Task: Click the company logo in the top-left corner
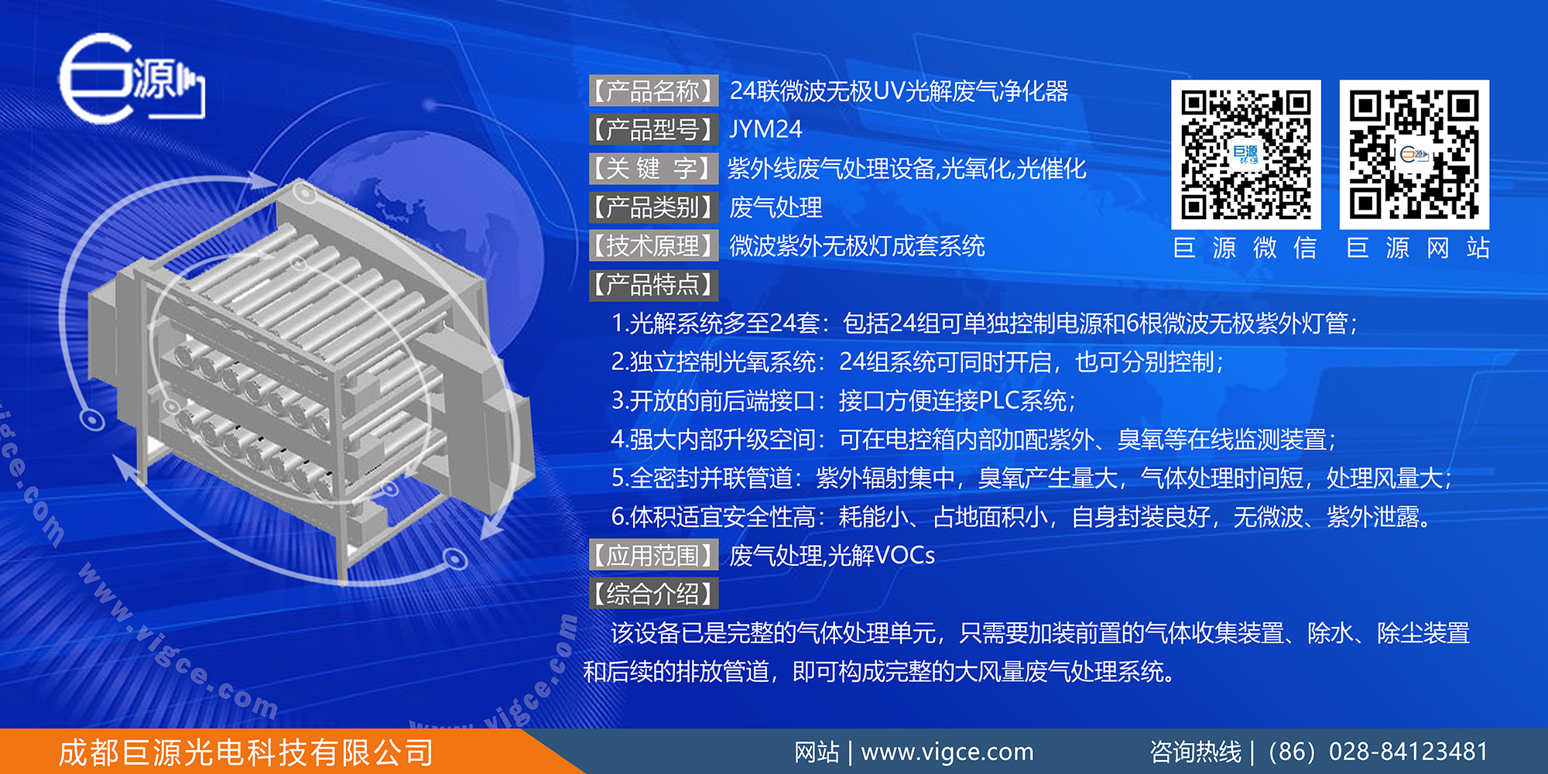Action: (130, 77)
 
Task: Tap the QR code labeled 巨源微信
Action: (1245, 155)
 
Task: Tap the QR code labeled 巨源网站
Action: (1414, 155)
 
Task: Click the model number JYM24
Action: (765, 129)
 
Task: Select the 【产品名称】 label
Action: (653, 91)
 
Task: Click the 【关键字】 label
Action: (653, 169)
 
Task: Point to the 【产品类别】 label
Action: (653, 207)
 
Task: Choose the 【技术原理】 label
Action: (653, 246)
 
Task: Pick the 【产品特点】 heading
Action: (653, 285)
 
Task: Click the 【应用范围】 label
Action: (653, 556)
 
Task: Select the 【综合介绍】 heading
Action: (653, 594)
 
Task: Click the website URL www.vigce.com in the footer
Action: (947, 752)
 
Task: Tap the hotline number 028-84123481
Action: (1408, 752)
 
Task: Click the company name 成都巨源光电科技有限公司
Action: (246, 752)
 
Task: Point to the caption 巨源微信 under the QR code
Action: (1245, 248)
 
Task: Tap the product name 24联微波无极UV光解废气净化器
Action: (899, 91)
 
